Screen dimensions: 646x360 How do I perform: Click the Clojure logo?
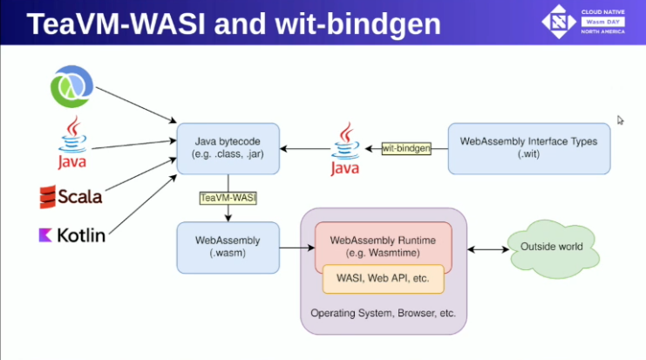[71, 86]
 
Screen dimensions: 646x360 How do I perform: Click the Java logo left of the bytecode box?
[72, 142]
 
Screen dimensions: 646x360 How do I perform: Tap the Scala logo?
[71, 197]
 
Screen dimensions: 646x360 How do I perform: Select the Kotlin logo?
[72, 235]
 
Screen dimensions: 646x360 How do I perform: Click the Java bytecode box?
[228, 148]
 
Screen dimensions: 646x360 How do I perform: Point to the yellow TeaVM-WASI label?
[228, 198]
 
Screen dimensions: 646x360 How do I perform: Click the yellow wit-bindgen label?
[406, 148]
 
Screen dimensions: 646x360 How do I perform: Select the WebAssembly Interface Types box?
[529, 148]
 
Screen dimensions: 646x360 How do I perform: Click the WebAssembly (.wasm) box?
[228, 248]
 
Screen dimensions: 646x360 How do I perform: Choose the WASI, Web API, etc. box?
[383, 279]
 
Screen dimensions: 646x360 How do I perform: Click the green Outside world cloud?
[553, 248]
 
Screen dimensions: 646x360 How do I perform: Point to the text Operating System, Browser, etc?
[383, 313]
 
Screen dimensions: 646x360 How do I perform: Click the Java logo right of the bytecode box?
[345, 149]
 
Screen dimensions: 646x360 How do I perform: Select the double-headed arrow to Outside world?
[488, 249]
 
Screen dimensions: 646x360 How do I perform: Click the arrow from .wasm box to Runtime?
[297, 248]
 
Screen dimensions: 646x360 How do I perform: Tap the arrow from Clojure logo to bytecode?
[136, 105]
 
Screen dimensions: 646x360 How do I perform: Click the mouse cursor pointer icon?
[620, 120]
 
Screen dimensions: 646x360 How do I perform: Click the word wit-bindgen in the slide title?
[357, 24]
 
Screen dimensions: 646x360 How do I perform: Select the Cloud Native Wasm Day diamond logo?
[559, 22]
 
